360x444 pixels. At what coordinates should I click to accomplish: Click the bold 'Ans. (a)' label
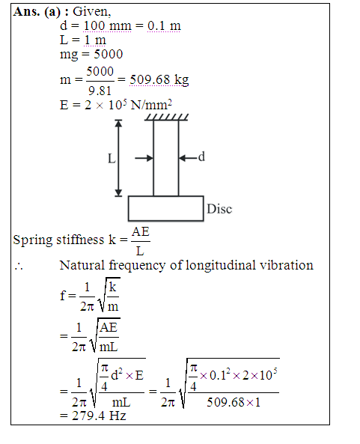[x=37, y=12]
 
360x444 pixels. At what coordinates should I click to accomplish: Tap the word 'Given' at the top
[x=91, y=12]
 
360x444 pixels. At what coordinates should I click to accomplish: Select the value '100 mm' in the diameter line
[x=108, y=25]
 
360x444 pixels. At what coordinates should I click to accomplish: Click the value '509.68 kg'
[x=159, y=80]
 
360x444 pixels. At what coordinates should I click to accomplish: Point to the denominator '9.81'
[x=100, y=91]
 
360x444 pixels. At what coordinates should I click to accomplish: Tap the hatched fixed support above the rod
[x=166, y=118]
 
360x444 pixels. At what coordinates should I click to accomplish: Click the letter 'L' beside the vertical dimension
[x=112, y=159]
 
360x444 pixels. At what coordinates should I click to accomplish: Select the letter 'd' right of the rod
[x=201, y=156]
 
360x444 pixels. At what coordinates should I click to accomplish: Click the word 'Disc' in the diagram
[x=219, y=209]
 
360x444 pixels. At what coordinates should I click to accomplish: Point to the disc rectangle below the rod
[x=166, y=196]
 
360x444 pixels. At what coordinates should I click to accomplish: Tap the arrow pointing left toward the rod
[x=188, y=158]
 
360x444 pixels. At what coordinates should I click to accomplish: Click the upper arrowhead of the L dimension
[x=118, y=123]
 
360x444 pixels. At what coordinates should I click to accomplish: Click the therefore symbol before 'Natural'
[x=19, y=266]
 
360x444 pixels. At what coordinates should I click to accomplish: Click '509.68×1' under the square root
[x=234, y=402]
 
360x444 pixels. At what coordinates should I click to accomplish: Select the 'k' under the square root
[x=113, y=287]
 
